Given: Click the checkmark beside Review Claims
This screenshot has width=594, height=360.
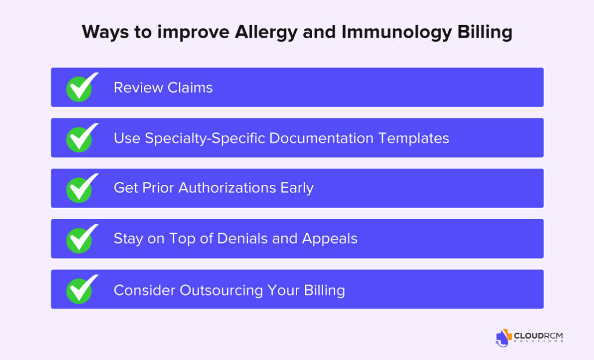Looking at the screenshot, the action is pyautogui.click(x=81, y=88).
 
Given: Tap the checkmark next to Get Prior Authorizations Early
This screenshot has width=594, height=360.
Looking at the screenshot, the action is pyautogui.click(x=81, y=189).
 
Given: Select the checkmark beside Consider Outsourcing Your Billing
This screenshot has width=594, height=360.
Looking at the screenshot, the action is pyautogui.click(x=81, y=290).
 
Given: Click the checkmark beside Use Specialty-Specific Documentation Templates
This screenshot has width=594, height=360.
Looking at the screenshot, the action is pyautogui.click(x=81, y=138).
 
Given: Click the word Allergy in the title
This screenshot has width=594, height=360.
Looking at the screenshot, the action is pyautogui.click(x=266, y=32).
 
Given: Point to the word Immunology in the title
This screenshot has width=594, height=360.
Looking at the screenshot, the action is pyautogui.click(x=397, y=32).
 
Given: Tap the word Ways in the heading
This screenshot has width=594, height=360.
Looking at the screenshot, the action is pyautogui.click(x=106, y=32).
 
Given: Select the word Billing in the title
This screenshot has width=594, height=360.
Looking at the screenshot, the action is pyautogui.click(x=485, y=32).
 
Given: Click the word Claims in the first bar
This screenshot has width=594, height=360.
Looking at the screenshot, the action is pyautogui.click(x=190, y=88).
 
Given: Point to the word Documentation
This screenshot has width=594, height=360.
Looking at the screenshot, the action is pyautogui.click(x=321, y=138).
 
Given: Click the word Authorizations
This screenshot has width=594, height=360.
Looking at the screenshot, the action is pyautogui.click(x=227, y=188).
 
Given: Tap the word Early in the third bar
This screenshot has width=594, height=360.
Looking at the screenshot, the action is pyautogui.click(x=297, y=188).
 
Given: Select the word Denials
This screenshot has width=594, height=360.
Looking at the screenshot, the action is pyautogui.click(x=242, y=238).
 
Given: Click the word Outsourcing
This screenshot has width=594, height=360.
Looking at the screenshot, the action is pyautogui.click(x=221, y=291).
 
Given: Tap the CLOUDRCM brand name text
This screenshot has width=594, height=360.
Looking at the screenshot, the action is pyautogui.click(x=538, y=336).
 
